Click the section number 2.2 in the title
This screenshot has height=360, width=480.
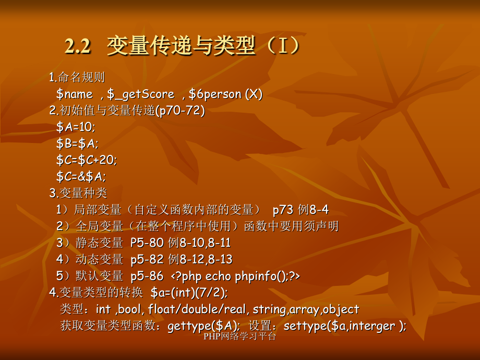coord(78,46)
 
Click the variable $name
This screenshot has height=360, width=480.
coord(74,94)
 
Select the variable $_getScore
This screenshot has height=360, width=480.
coord(141,94)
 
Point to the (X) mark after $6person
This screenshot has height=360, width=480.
coord(254,94)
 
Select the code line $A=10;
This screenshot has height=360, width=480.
coord(76,127)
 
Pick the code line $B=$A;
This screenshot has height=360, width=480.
coord(77,143)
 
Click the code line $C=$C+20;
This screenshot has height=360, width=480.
coord(87,160)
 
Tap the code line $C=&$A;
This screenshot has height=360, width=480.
coord(81,177)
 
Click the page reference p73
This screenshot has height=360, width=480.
coord(283,210)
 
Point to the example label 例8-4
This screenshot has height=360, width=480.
coord(313,210)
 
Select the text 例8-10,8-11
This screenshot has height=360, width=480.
coord(199,243)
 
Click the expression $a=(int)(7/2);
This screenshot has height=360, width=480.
coord(189,293)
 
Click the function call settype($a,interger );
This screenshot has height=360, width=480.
coord(345,326)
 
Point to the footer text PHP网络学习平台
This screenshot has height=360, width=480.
coord(239,337)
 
